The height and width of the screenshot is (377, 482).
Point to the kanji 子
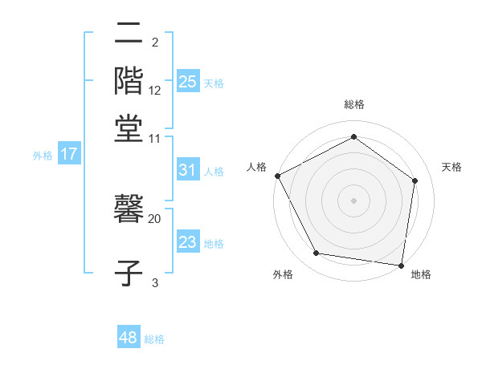(x=129, y=273)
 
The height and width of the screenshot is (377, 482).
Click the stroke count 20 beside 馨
(x=155, y=218)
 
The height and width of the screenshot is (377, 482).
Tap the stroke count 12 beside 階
(x=155, y=90)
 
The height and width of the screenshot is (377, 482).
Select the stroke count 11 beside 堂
(x=155, y=138)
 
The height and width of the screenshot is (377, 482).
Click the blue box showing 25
(x=188, y=81)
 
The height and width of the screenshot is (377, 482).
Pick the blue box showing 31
(x=187, y=170)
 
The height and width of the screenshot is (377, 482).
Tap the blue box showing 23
(x=187, y=242)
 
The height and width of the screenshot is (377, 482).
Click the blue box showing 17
(x=69, y=154)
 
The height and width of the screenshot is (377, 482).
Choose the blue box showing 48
(x=129, y=338)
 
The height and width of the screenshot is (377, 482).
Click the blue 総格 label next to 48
(x=154, y=339)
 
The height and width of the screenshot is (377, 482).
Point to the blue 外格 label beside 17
(x=43, y=156)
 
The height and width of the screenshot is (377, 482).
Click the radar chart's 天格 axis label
(x=451, y=167)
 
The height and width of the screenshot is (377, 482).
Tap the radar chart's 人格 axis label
(x=257, y=167)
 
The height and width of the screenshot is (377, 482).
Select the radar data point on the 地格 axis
(x=402, y=265)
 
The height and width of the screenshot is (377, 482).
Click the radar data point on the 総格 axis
(x=353, y=137)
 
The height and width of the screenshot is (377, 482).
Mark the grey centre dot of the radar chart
(x=353, y=200)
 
